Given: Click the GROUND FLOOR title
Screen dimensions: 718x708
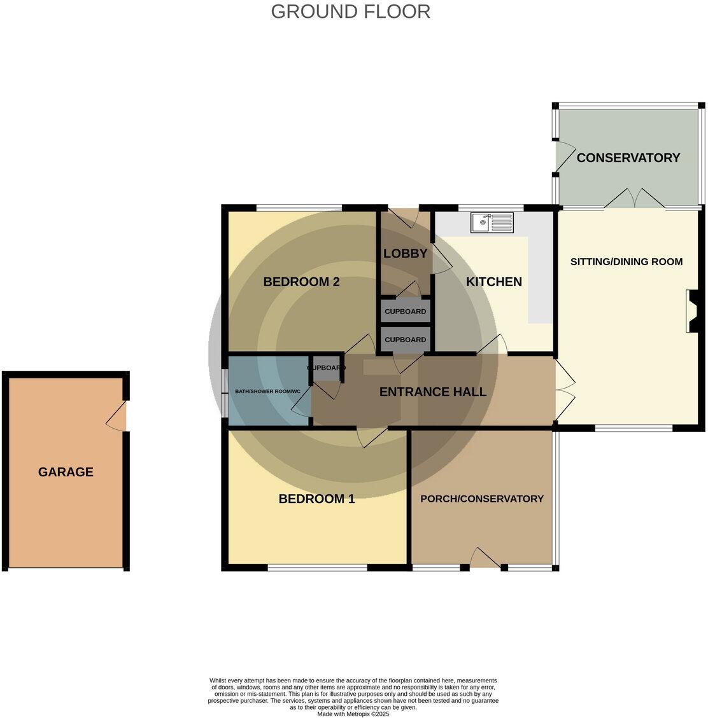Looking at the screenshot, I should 350,11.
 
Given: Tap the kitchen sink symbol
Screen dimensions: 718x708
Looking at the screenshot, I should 492,223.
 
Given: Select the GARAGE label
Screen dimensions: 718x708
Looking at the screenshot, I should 66,472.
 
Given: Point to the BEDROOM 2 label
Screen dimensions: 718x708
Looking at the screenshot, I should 301,282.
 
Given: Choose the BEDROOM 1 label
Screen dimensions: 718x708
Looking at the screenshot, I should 316,499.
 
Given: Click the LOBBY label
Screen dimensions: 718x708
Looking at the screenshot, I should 405,254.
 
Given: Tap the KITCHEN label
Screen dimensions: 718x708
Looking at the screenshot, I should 493,282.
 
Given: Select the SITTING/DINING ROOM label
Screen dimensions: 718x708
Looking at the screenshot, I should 626,261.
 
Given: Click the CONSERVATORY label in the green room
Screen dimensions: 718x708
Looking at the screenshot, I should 628,158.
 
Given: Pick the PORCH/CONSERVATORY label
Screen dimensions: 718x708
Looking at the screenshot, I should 481,499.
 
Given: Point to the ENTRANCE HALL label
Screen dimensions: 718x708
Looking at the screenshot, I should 433,392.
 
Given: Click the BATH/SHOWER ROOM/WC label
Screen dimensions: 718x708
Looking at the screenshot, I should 267,391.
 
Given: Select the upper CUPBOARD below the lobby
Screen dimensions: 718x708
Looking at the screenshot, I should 406,312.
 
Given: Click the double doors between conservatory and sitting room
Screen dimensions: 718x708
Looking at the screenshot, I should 635,199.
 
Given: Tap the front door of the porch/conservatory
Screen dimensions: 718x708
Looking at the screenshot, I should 486,559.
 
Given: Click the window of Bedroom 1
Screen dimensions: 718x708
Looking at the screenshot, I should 317,568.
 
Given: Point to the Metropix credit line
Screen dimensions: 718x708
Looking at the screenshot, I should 353,714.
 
